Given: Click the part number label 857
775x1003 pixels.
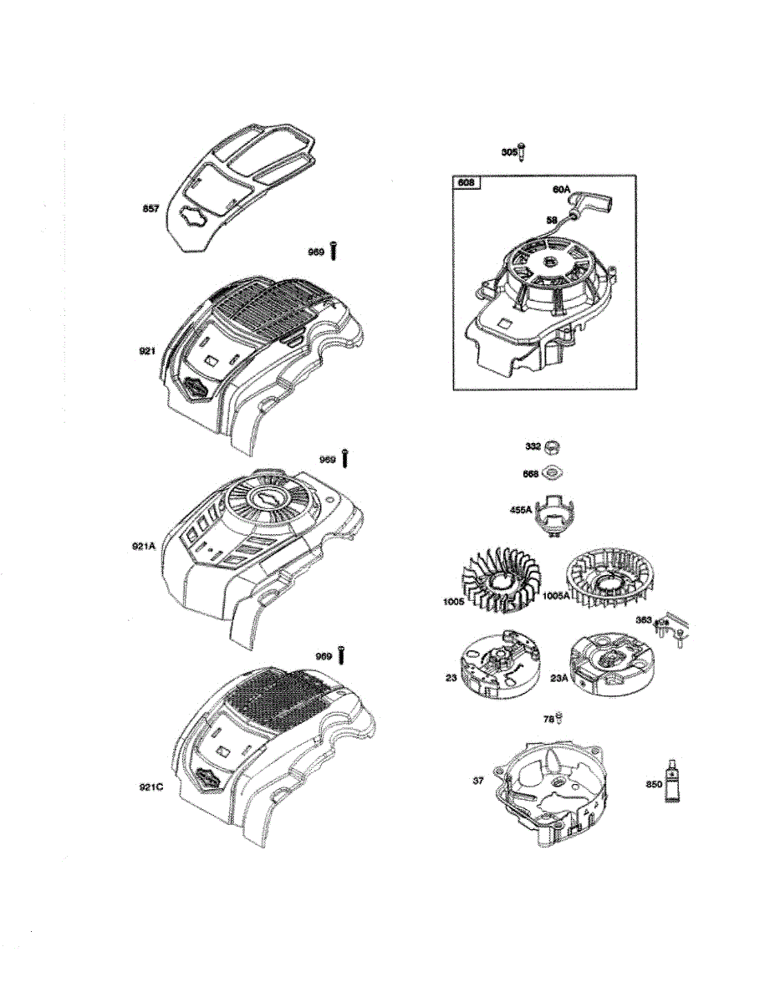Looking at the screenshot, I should (151, 209).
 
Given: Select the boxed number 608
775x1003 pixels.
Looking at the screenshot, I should (466, 182).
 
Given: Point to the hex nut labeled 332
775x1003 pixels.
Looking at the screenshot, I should (553, 447).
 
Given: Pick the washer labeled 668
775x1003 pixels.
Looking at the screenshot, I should (553, 473).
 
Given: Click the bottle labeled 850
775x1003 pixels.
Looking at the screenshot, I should (671, 783).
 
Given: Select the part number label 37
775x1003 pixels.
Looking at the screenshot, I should (478, 781).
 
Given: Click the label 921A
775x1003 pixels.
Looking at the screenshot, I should (145, 547).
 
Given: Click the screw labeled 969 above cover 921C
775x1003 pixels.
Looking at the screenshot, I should (341, 656).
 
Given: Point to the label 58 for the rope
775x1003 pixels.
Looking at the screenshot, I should (551, 220).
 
